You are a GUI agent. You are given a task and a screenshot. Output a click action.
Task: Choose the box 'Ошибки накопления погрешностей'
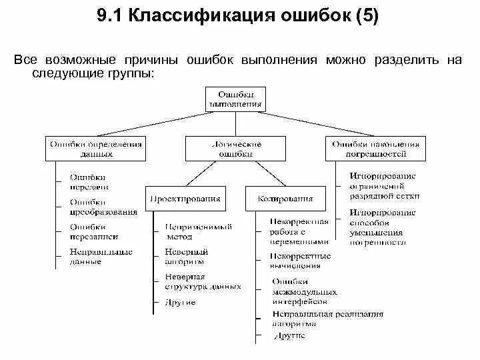(x=375, y=149)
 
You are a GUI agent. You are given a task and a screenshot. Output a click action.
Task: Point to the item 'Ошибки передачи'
(x=87, y=182)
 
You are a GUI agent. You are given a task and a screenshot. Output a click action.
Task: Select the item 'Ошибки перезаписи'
(x=94, y=231)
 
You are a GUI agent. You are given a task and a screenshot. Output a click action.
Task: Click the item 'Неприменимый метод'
(x=198, y=231)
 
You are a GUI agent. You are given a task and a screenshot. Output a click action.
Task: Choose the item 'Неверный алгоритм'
(x=187, y=257)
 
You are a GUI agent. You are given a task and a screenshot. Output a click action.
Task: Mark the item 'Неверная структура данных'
(x=203, y=281)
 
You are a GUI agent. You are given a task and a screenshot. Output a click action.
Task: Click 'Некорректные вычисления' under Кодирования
(x=300, y=261)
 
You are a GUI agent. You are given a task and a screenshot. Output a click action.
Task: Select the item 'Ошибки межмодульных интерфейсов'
(x=304, y=291)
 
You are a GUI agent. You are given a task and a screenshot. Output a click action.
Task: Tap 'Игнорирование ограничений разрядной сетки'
(x=383, y=186)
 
